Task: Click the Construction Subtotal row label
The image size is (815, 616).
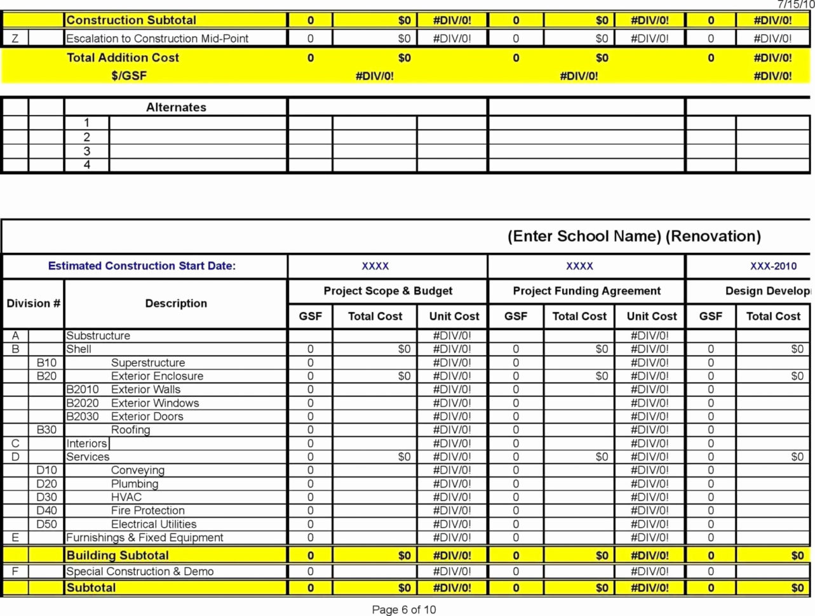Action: pyautogui.click(x=131, y=20)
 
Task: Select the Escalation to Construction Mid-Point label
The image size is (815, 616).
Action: pyautogui.click(x=157, y=39)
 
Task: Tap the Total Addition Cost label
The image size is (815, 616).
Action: pyautogui.click(x=123, y=58)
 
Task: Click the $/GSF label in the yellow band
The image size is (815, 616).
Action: pyautogui.click(x=129, y=76)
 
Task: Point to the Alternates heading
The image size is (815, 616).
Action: pyautogui.click(x=176, y=107)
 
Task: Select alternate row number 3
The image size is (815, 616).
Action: pyautogui.click(x=87, y=151)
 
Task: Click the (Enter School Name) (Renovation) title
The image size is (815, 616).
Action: pyautogui.click(x=633, y=236)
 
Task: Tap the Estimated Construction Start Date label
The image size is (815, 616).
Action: pyautogui.click(x=142, y=266)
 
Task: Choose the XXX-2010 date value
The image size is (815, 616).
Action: pyautogui.click(x=772, y=266)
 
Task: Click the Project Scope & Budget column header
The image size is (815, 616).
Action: pyautogui.click(x=387, y=291)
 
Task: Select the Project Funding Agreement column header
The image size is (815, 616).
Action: pyautogui.click(x=586, y=291)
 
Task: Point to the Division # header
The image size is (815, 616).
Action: pyautogui.click(x=33, y=304)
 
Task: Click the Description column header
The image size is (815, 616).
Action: pyautogui.click(x=176, y=304)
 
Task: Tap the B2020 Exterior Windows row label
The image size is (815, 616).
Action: pyautogui.click(x=133, y=403)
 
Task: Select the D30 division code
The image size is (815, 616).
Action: pyautogui.click(x=46, y=497)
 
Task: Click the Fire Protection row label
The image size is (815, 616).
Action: pyautogui.click(x=147, y=511)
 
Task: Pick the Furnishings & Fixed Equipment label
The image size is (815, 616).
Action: pyautogui.click(x=145, y=538)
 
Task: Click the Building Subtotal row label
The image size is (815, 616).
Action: pyautogui.click(x=118, y=556)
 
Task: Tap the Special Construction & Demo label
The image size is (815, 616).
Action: pyautogui.click(x=140, y=572)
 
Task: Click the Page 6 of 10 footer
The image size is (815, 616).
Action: pyautogui.click(x=404, y=610)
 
